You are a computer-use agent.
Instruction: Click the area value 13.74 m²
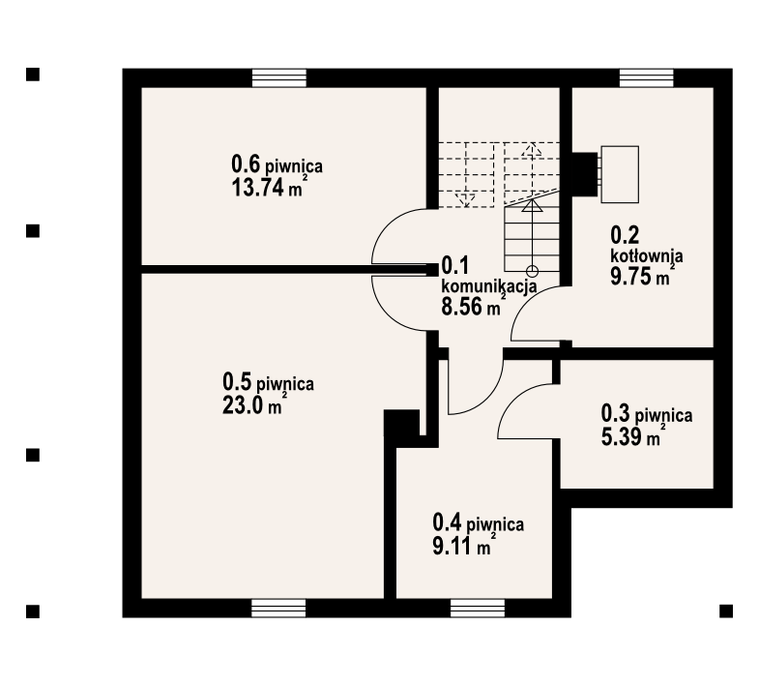click(270, 187)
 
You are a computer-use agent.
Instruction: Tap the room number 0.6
click(246, 164)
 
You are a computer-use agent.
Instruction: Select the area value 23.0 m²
click(252, 405)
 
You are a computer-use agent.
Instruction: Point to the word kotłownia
click(647, 255)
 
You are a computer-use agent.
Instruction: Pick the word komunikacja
click(489, 285)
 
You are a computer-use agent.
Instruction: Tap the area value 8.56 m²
click(474, 306)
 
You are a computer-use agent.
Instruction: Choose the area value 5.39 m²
click(633, 436)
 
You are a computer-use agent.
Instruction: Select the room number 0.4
click(447, 523)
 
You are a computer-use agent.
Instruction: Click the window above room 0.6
click(279, 78)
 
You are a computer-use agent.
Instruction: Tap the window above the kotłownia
click(647, 78)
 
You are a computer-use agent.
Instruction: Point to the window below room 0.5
click(278, 608)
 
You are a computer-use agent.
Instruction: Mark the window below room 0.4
click(478, 608)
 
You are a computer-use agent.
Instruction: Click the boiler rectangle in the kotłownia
click(620, 174)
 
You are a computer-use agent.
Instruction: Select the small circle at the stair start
click(532, 271)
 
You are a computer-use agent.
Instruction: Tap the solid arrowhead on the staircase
click(532, 205)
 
